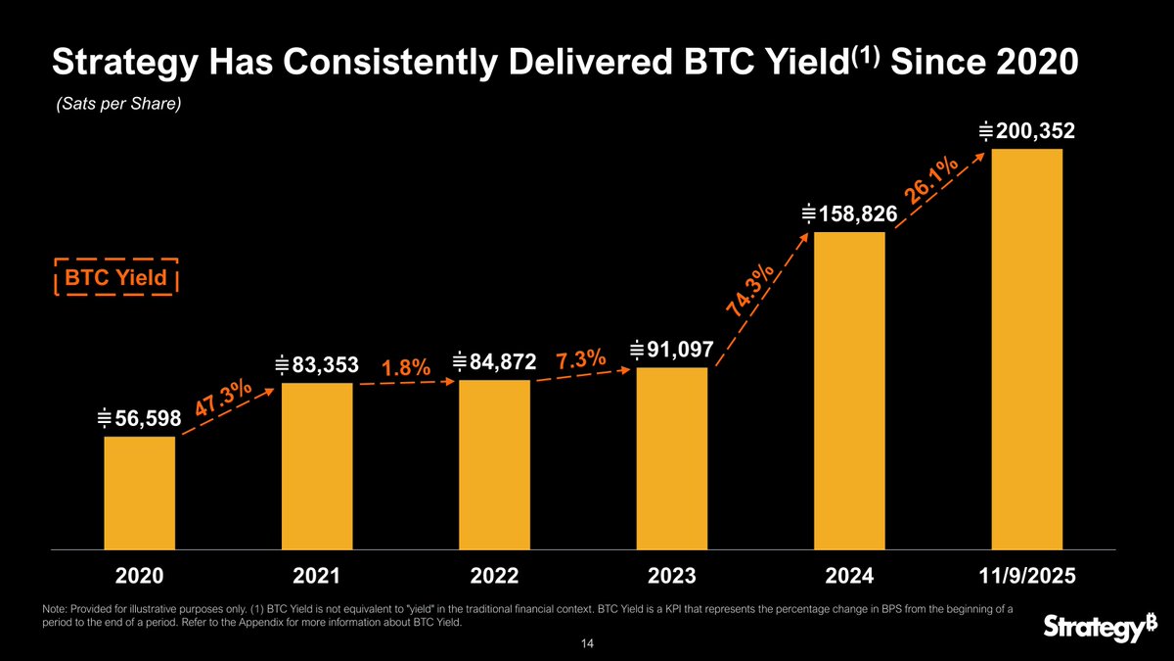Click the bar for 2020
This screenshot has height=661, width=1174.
140,493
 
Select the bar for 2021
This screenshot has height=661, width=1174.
317,465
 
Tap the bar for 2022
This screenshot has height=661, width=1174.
494,464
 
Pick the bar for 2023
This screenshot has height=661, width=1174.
672,458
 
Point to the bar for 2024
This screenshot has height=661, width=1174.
849,390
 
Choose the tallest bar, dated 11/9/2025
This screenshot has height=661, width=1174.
1027,349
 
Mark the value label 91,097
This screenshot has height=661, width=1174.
672,350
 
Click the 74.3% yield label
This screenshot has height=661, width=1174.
751,291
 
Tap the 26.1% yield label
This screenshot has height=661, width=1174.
930,182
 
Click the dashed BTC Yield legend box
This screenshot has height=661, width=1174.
116,277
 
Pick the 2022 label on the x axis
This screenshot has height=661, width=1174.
494,576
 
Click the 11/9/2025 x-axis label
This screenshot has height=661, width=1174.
1027,576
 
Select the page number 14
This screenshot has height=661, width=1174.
586,643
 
